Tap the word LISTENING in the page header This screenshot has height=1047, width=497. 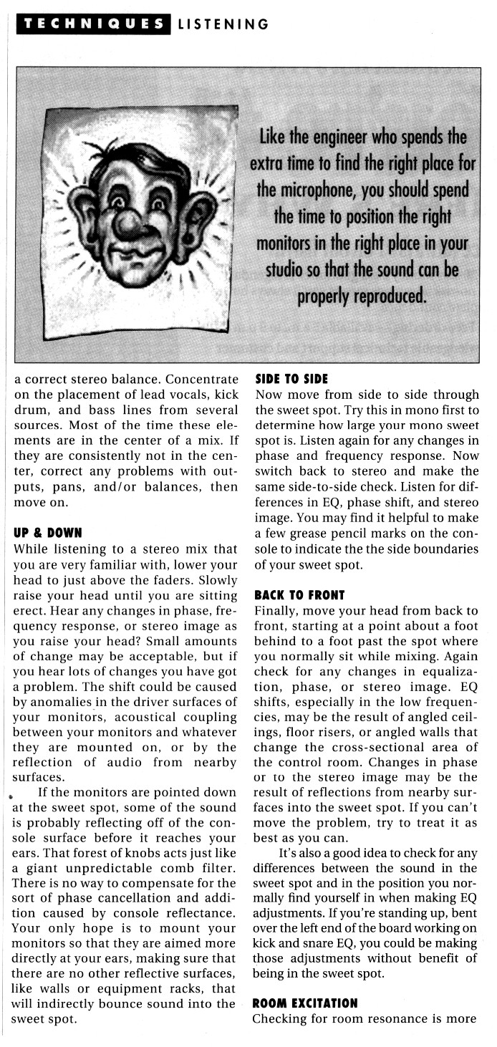223,24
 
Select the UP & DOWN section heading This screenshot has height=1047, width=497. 48,533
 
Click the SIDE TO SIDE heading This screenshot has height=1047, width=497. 291,380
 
